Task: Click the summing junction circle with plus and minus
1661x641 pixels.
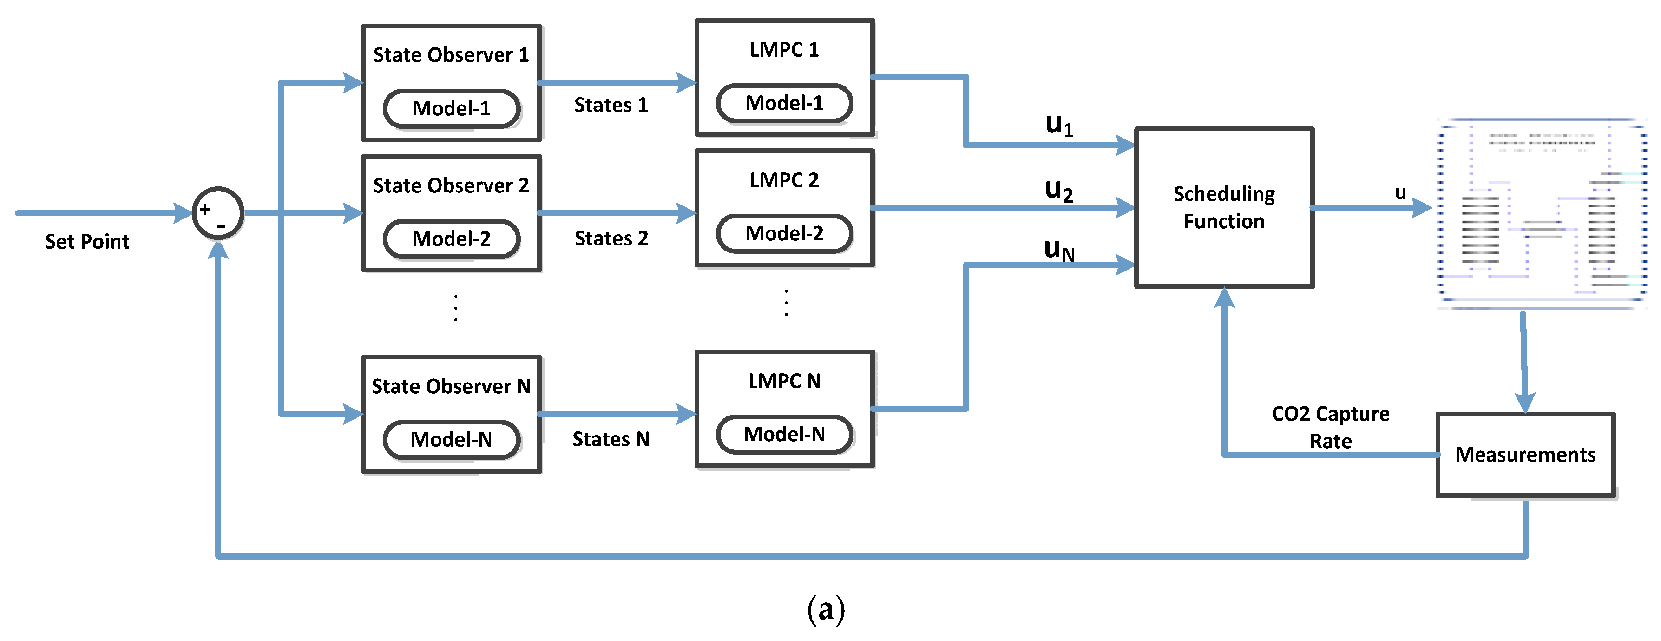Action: (218, 213)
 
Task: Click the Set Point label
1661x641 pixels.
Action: (87, 242)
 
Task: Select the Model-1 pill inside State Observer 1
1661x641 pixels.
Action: (451, 108)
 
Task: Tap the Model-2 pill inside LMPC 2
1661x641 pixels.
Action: (784, 233)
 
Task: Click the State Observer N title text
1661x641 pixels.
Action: (451, 386)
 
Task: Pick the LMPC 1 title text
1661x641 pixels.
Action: (784, 50)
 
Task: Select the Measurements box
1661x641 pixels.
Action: (1525, 455)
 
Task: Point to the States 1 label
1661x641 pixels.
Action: (611, 105)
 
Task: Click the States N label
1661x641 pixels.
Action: (611, 439)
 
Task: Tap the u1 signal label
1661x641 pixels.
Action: (1059, 125)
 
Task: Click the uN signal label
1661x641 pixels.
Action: (1059, 250)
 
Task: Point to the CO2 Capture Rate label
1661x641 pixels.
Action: (1330, 427)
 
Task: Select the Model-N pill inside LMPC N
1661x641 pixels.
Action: (784, 435)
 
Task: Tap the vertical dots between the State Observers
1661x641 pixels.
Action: (456, 308)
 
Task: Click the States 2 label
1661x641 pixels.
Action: (611, 238)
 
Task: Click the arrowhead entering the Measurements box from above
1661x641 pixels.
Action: (1525, 403)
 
